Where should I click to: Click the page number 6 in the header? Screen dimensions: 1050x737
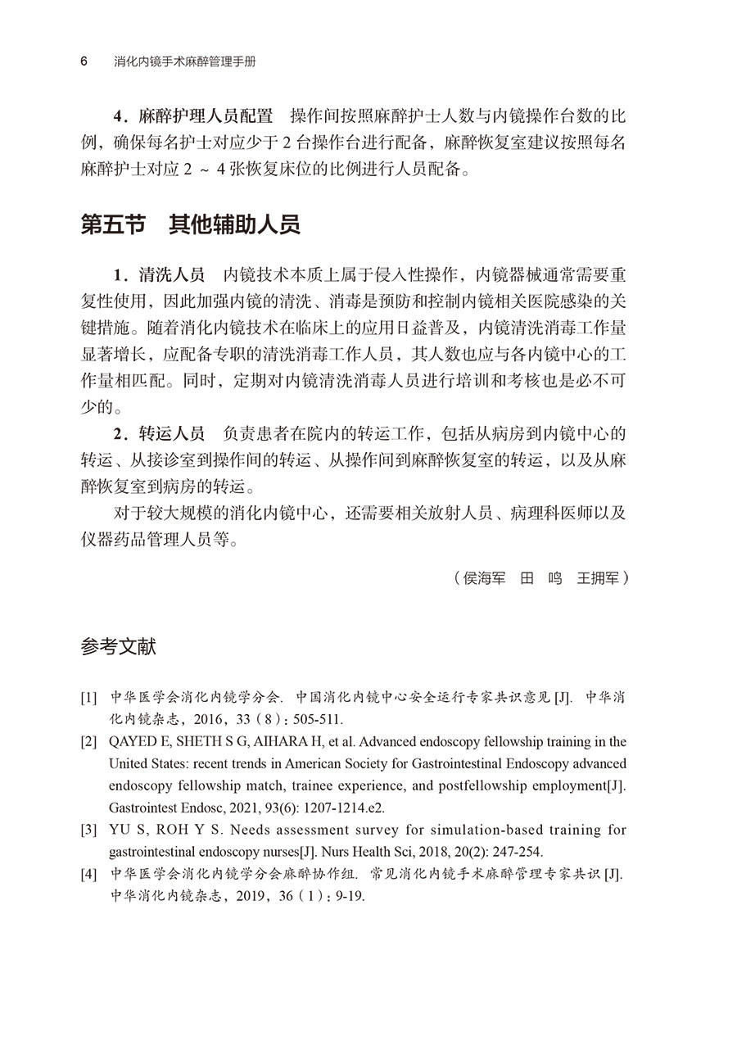pos(84,62)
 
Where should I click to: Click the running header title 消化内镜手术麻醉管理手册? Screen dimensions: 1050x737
pos(191,62)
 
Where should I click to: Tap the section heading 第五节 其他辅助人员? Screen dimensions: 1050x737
pos(190,225)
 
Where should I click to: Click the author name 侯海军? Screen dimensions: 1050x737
pos(484,578)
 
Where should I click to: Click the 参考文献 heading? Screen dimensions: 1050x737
pos(118,647)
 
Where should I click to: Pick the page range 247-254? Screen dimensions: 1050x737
pos(513,852)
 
